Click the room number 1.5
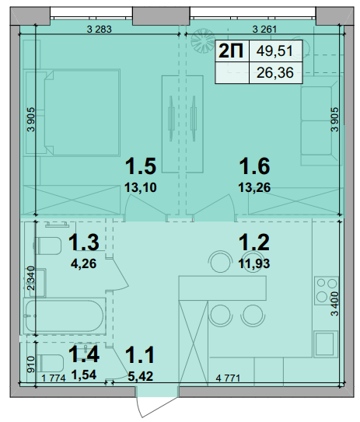141,166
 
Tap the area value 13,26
254,187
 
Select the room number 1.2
254,242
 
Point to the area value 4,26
83,263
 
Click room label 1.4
84,354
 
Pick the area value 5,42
141,376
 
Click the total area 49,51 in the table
274,51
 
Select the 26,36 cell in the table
275,73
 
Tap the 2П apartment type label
231,51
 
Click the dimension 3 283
99,29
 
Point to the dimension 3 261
264,29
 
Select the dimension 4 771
228,378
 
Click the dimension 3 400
334,304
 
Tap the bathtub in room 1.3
65,316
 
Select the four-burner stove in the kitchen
327,291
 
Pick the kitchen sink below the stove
327,344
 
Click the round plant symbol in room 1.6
203,41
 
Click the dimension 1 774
54,378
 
